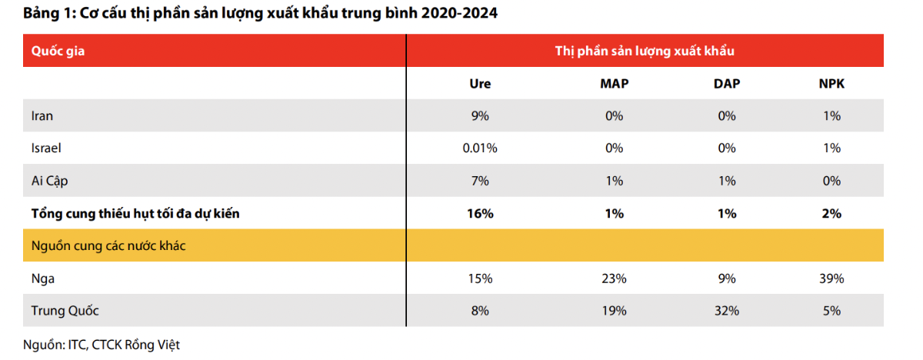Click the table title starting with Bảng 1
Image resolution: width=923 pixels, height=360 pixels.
260,13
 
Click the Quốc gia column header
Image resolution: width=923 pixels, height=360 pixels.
58,51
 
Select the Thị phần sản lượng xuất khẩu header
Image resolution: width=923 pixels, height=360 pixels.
645,51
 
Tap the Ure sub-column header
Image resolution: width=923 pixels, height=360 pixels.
480,84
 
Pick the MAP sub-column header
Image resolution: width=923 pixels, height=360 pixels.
615,84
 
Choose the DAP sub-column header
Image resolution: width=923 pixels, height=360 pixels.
727,84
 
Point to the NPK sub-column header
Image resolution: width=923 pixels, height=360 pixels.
831,84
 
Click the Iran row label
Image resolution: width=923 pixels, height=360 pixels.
42,115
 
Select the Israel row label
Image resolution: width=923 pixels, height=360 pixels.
46,148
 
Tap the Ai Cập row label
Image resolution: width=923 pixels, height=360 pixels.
49,181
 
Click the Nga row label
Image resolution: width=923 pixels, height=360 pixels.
43,279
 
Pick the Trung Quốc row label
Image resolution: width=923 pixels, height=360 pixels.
65,311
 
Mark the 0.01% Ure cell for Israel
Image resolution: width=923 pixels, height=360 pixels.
480,148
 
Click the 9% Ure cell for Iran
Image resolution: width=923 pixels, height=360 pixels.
480,115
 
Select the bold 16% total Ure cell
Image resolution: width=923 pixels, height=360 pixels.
480,213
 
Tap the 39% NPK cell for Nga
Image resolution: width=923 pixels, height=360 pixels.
831,278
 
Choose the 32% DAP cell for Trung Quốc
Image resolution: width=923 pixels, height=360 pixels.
727,311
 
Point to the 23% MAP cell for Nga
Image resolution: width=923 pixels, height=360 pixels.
614,278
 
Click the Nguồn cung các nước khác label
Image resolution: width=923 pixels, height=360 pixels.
108,245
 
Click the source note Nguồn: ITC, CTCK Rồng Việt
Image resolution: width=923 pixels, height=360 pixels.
102,345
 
